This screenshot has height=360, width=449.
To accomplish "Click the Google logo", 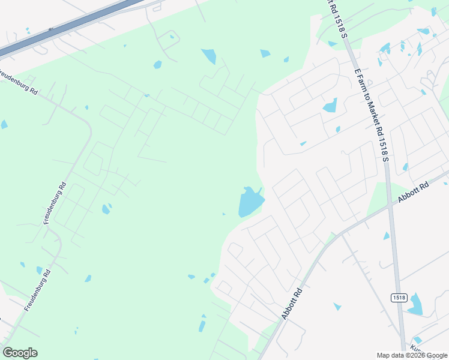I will click(x=20, y=353).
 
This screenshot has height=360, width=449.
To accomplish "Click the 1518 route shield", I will click(x=399, y=298).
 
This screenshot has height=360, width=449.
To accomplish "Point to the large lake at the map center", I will click(x=250, y=202).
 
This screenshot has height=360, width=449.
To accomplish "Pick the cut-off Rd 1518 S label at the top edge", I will click(x=336, y=18).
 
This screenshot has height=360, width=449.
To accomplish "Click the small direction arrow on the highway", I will click(x=51, y=29).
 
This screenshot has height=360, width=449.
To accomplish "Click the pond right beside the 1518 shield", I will click(x=415, y=305).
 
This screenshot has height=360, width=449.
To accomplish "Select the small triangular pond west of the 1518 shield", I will click(x=337, y=307).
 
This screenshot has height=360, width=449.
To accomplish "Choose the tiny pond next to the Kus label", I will click(x=418, y=340).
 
